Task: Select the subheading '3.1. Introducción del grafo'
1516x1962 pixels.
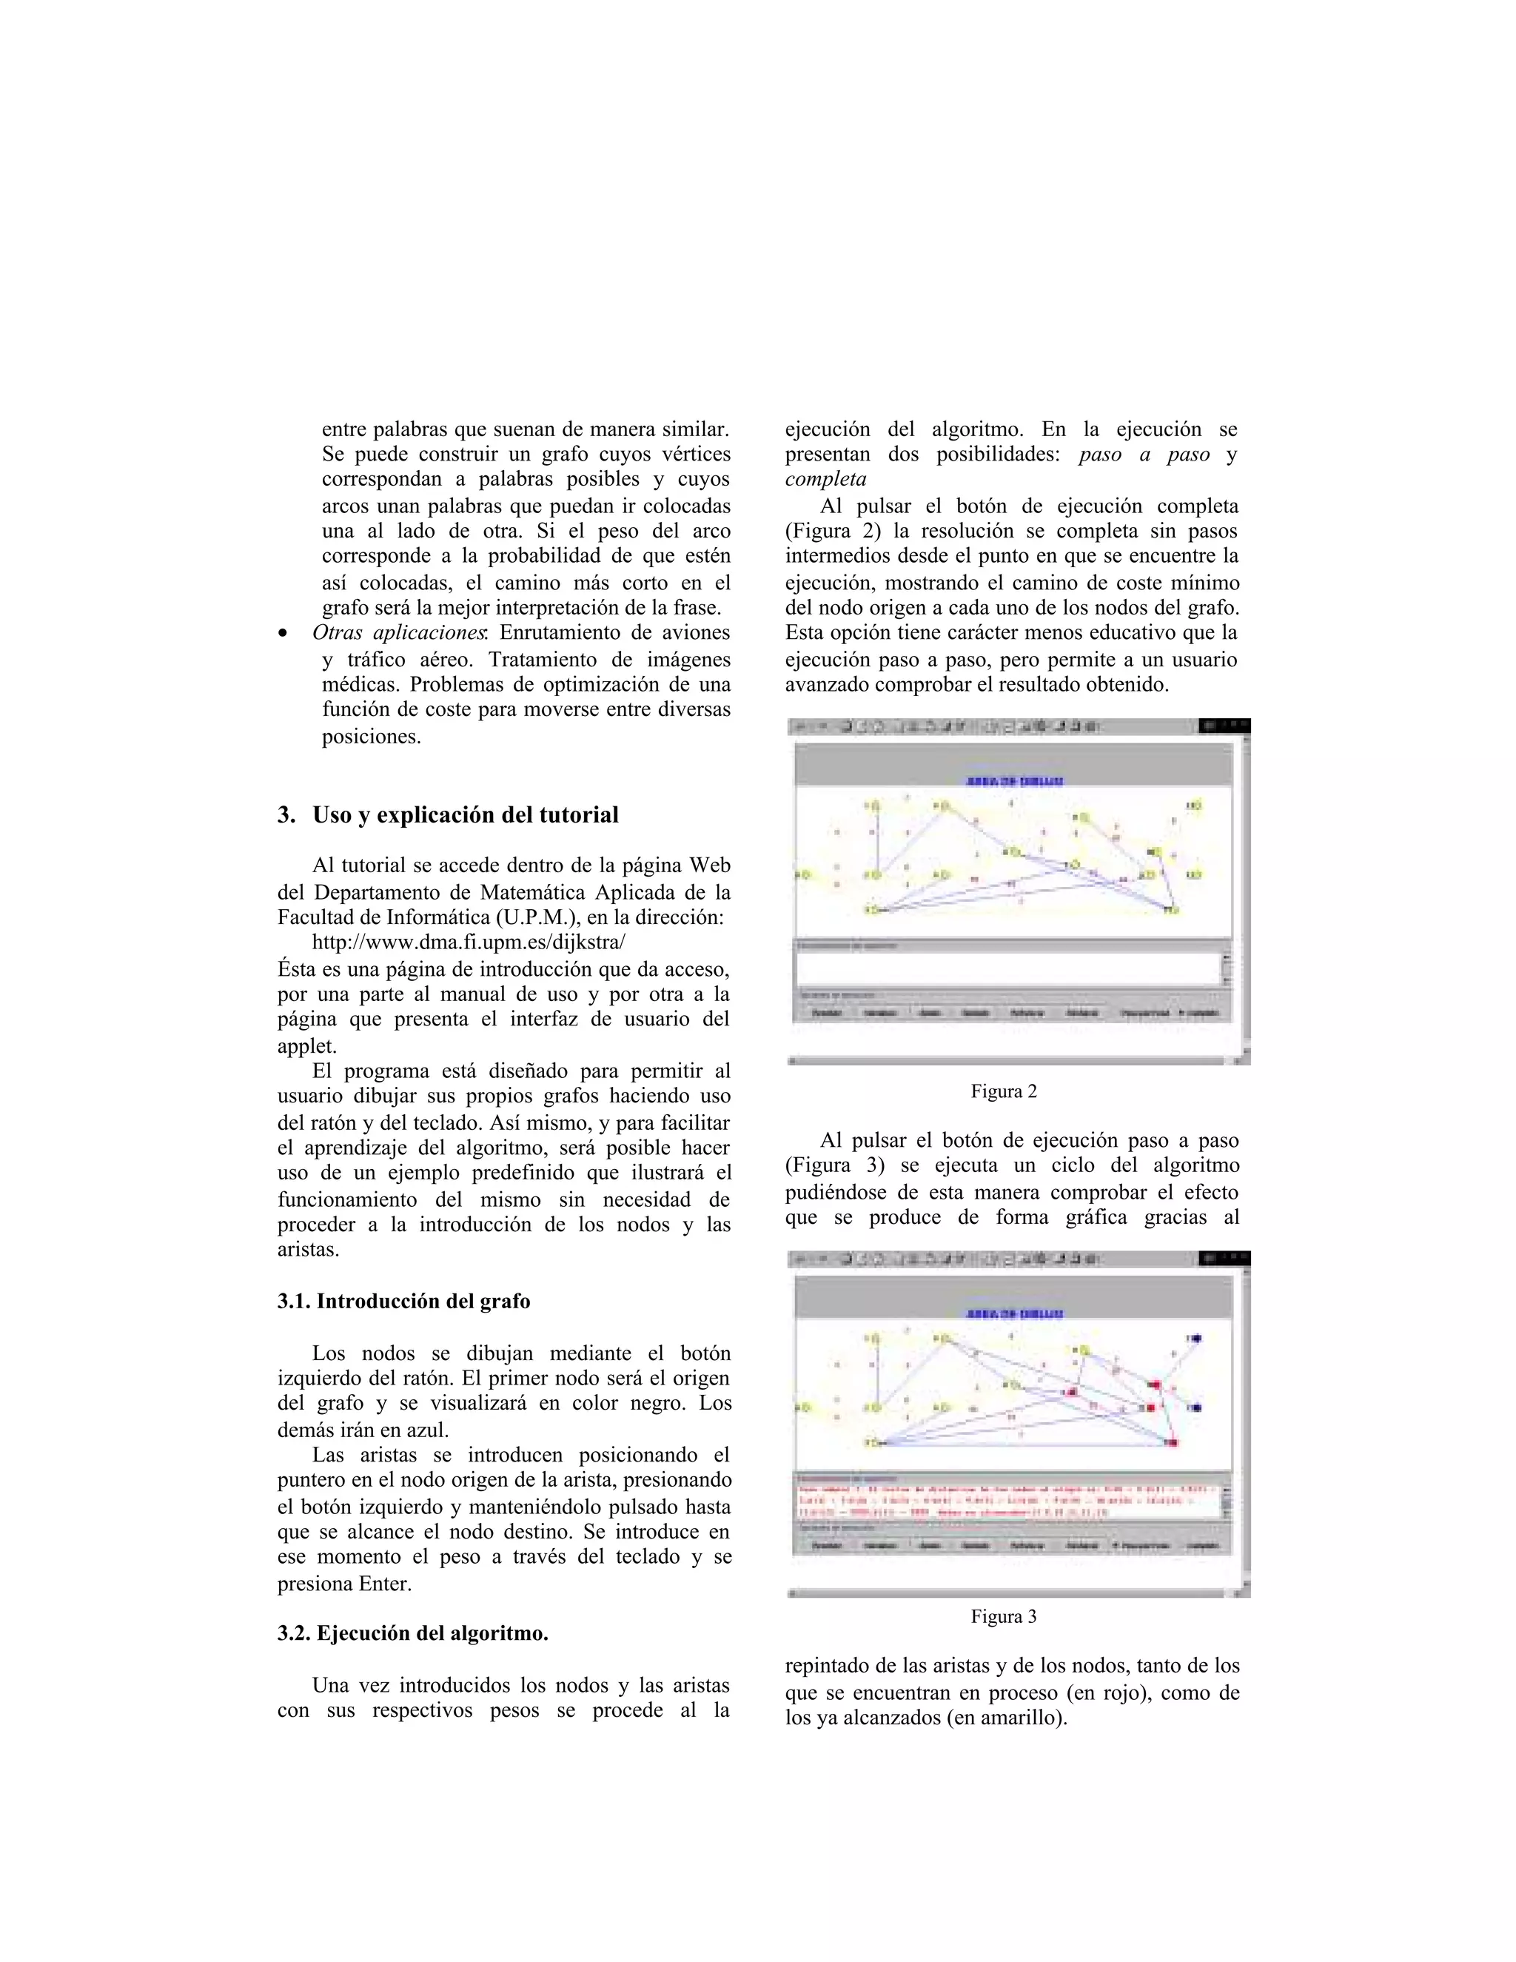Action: tap(403, 1301)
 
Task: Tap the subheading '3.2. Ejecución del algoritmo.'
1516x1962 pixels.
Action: tap(412, 1633)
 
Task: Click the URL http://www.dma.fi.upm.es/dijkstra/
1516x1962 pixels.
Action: tap(468, 943)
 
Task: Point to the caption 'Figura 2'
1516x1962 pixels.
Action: tap(1003, 1091)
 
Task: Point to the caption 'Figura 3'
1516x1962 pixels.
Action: tap(1003, 1616)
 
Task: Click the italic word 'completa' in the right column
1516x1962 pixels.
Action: tap(825, 479)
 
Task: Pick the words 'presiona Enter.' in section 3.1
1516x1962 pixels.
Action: tap(344, 1584)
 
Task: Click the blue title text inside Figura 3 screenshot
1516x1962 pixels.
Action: tap(1014, 1313)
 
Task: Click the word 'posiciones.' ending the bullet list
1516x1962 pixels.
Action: tap(371, 737)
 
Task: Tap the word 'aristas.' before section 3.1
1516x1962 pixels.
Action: tap(308, 1250)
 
